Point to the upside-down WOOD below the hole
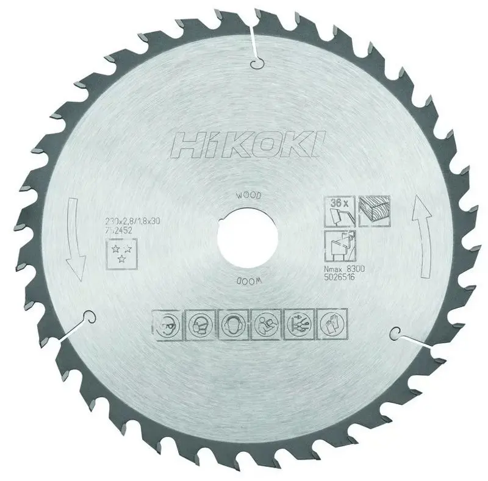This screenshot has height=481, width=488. coord(246,283)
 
